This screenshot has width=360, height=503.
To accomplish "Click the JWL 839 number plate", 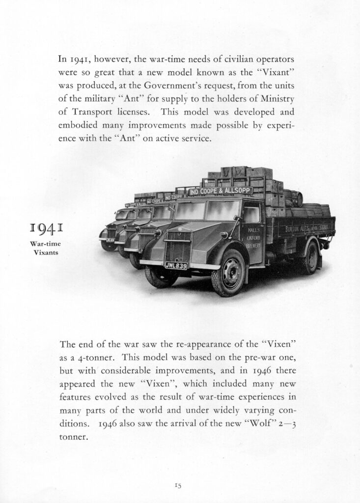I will tap(176, 266).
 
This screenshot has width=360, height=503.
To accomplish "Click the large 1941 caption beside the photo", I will tap(48, 228).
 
